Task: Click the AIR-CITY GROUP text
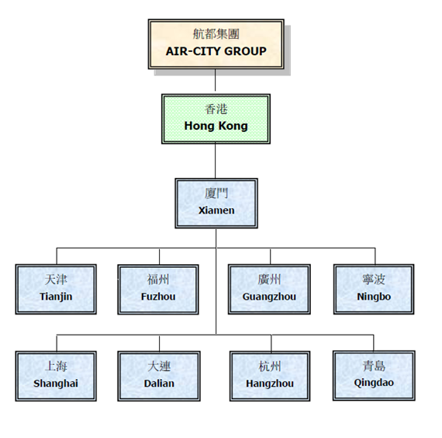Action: coord(216,51)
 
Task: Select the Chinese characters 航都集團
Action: coord(216,34)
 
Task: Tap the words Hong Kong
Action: coord(216,126)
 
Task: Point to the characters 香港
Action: coord(216,109)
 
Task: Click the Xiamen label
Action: coord(216,210)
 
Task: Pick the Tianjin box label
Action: coord(56,297)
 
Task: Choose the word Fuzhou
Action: coord(158,297)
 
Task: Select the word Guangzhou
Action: coord(269,297)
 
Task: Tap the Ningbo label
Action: coord(374,297)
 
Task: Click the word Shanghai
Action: coord(56,384)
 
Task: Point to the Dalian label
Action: coord(159,384)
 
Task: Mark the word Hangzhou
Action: coord(270,384)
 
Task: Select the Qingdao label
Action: coord(374,383)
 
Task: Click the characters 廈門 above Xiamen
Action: coord(216,193)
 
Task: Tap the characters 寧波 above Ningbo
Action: coord(374,280)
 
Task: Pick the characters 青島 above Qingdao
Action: coord(374,366)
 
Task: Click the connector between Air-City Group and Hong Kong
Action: coord(215,80)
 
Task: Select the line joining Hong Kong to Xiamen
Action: coord(215,161)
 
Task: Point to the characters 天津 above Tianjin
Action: coord(56,280)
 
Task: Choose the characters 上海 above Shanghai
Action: coord(56,367)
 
